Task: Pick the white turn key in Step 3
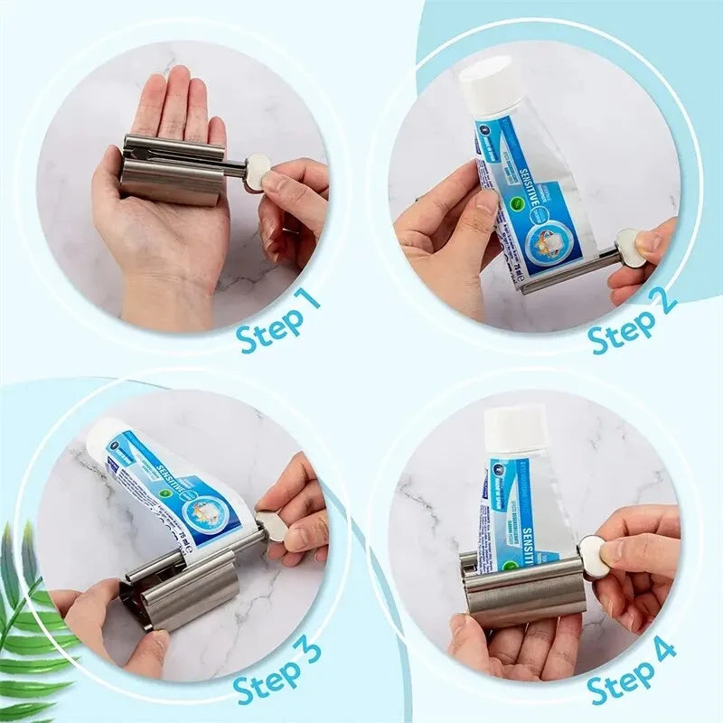pyautogui.click(x=273, y=526)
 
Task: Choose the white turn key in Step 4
pyautogui.click(x=593, y=554)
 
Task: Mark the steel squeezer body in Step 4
pyautogui.click(x=525, y=596)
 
